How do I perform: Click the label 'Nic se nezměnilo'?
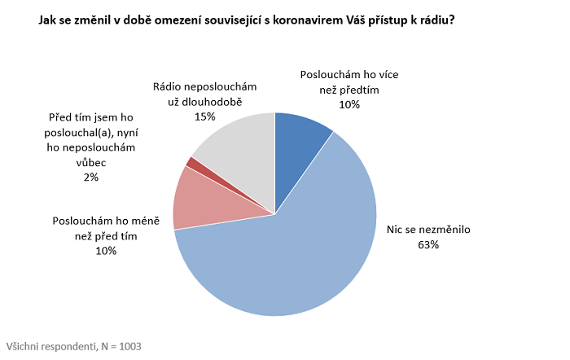(427, 229)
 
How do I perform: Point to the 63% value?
(428, 244)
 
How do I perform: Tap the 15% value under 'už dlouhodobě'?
(205, 116)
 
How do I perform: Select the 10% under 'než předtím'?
(349, 104)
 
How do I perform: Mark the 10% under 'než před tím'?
(106, 251)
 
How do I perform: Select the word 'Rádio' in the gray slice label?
(169, 86)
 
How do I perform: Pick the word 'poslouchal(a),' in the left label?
(77, 133)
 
